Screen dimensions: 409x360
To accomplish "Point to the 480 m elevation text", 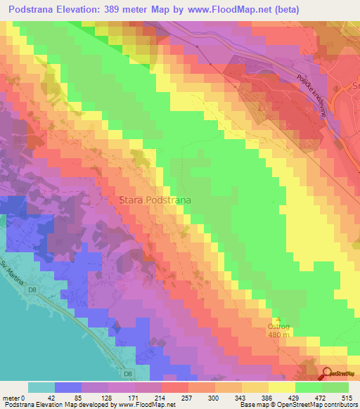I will click(278, 335).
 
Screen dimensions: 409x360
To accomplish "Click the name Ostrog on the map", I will click(278, 327).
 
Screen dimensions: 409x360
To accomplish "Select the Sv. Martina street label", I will click(13, 271).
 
